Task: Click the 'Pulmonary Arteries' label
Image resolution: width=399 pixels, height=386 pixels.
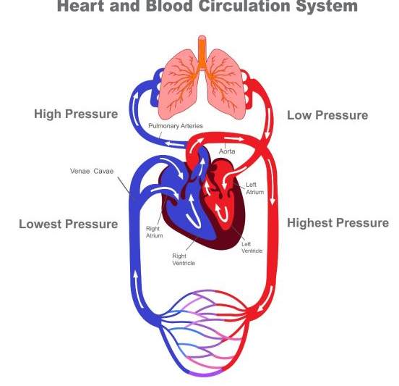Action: (176, 126)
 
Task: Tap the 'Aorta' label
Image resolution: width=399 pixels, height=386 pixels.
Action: (227, 151)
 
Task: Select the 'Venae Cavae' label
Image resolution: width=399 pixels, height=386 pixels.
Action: (92, 171)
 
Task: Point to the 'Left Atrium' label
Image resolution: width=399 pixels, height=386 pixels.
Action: (254, 188)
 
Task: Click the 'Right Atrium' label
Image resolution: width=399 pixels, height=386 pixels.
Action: (155, 232)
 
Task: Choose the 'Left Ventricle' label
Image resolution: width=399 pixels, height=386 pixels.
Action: (252, 247)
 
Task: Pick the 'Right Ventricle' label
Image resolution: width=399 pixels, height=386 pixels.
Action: (184, 259)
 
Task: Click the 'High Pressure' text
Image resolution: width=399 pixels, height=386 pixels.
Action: (76, 114)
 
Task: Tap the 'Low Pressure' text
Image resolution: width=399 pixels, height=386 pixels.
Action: (327, 115)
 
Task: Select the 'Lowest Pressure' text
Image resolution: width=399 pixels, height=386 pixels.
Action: (69, 224)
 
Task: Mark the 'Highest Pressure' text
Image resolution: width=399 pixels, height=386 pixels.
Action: (338, 223)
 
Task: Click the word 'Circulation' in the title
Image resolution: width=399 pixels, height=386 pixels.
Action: (244, 6)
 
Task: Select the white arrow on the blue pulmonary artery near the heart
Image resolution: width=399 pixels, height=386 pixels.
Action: (174, 144)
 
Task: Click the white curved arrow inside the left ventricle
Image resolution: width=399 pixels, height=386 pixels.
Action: (222, 213)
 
